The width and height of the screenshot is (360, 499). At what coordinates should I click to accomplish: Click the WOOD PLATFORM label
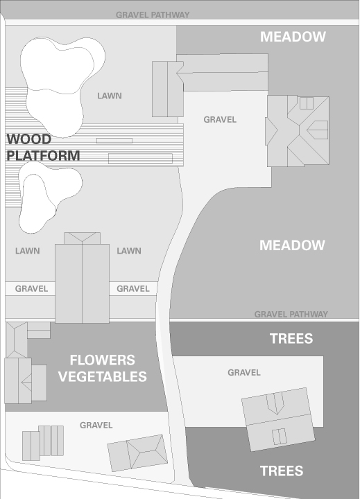coord(43,148)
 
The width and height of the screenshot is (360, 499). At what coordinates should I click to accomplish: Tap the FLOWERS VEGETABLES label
coord(102,368)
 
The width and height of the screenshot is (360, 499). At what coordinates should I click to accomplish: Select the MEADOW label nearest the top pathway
coord(293,37)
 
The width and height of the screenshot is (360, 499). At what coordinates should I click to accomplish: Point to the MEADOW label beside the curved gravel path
coord(292,245)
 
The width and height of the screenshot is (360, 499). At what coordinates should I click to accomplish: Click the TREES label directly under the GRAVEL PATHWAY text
coord(291,338)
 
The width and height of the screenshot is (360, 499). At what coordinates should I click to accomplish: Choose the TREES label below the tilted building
coord(282,471)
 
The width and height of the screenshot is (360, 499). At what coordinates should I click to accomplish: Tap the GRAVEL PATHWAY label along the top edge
coord(153,15)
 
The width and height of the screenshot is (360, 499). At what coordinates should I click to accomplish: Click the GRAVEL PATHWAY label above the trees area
coord(291,315)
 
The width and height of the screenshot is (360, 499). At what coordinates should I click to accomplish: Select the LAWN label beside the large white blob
coord(110,96)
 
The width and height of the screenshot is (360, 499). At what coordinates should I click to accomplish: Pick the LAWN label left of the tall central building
coord(27,251)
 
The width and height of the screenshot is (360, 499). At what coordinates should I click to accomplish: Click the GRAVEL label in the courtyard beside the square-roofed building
coord(220,120)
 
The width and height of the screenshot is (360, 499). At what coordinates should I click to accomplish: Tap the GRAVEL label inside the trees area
coord(244,372)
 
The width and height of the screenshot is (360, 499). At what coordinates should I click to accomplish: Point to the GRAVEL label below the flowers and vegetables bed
coord(96,425)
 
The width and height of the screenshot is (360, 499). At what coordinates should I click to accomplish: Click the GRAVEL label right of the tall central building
coord(133,288)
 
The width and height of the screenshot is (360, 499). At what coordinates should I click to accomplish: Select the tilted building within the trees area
coord(278,419)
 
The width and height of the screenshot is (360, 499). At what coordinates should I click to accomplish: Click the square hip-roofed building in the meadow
coord(298,131)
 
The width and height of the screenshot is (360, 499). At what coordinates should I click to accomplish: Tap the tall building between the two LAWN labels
coord(82,278)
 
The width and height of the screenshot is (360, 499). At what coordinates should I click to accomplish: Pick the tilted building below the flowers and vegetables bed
coord(137,453)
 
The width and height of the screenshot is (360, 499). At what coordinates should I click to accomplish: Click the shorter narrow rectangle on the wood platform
coord(114,141)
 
